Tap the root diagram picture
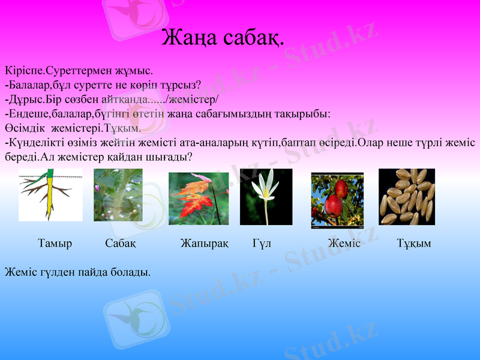coord(50,195)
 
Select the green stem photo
coord(118,195)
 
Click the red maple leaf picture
coord(199,199)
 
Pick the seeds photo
coord(406,197)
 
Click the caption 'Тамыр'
coord(55,244)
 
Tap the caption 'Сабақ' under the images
coord(120,244)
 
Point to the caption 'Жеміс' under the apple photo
coord(344,244)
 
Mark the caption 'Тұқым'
coord(414,244)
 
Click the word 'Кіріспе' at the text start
coord(23,70)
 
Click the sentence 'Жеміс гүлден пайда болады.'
coord(77,272)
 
